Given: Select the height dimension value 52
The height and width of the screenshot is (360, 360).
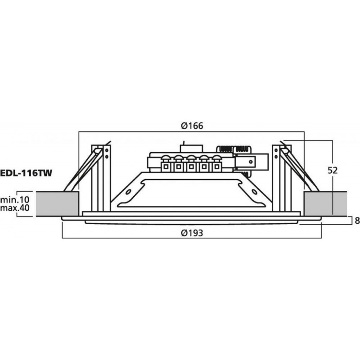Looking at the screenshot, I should click(333, 171).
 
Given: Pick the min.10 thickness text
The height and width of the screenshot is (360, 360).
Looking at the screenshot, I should click(14, 199).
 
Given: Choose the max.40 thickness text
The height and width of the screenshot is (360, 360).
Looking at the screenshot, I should click(14, 208).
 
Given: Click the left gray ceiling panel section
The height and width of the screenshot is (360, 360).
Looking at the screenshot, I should click(56, 203).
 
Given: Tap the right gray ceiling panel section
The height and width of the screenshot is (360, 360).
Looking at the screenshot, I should click(326, 203).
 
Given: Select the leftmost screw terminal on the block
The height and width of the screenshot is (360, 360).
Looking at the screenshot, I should click(166, 165).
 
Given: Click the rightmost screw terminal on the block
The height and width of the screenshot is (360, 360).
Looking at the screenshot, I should click(217, 165).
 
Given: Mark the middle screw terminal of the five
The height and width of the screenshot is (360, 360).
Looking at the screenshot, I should click(191, 165).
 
